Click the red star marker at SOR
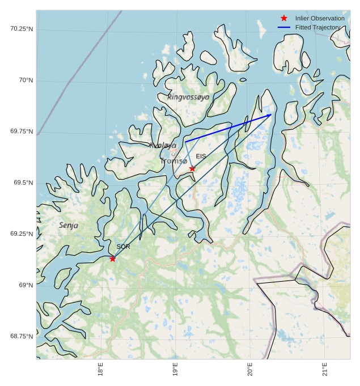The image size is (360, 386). point(113,258)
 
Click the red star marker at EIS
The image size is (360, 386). point(192,168)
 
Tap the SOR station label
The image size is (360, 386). point(123,247)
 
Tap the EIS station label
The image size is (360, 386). point(201,156)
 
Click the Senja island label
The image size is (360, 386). point(69,226)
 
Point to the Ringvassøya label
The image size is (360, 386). point(188,97)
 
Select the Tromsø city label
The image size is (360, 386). point(173,162)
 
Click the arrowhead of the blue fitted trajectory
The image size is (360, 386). point(270,116)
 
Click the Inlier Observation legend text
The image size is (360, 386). point(320,19)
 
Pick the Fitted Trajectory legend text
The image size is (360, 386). point(317,27)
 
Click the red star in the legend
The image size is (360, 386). point(284,18)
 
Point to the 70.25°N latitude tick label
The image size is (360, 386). point(22,29)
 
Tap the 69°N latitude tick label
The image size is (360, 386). point(26,285)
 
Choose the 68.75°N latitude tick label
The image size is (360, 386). point(22,336)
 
